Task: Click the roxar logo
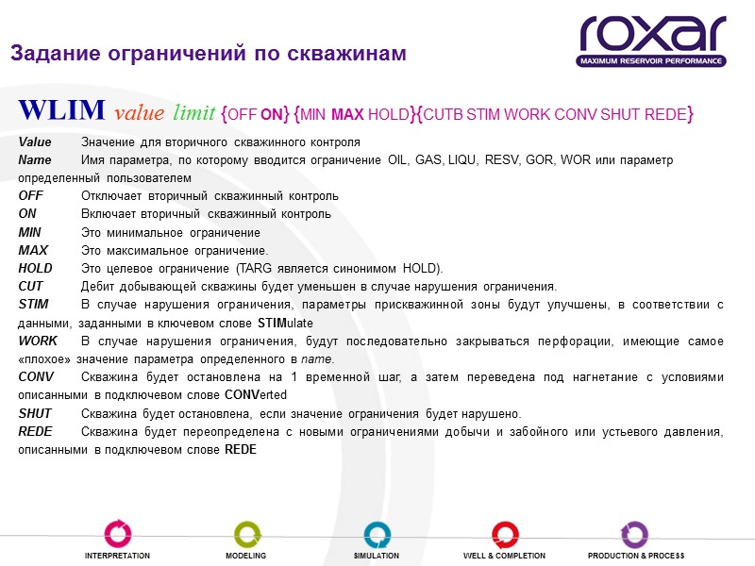coord(652,35)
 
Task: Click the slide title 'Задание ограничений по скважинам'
coord(209,54)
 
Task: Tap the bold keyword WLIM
coord(61,111)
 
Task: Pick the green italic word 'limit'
coord(193,114)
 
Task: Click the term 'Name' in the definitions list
coord(35,160)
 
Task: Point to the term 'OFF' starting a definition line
coord(31,196)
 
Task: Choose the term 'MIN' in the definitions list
coord(30,232)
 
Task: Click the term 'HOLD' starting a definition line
coord(36,268)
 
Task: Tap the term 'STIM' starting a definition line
coord(34,304)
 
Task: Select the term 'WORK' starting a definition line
coord(38,341)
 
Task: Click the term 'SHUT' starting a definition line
coord(36,413)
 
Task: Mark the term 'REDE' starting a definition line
coord(36,431)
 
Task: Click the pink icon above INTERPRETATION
coord(117,533)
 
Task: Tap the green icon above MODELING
coord(246,533)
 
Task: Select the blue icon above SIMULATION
coord(377,533)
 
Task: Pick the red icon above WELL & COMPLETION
coord(504,533)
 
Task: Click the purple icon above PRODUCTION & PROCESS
coord(634,533)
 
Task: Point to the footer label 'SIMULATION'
coord(377,556)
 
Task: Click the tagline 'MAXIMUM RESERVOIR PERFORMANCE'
coord(652,61)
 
